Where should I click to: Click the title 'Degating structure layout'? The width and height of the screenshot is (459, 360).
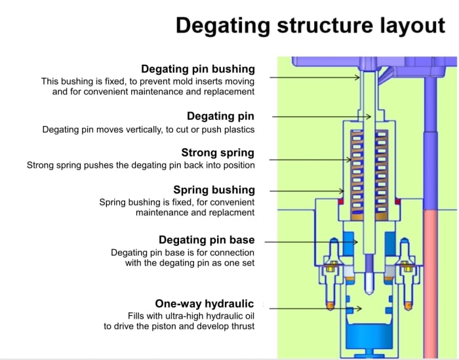point(310,26)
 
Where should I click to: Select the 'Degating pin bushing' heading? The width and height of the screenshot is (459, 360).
point(198,69)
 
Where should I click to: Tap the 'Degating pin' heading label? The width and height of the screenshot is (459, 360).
point(220,117)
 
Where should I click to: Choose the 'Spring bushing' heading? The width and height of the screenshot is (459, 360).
point(214,190)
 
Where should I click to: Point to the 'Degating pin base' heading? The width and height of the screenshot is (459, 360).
point(207,240)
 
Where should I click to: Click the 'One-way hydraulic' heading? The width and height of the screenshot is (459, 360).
point(205,304)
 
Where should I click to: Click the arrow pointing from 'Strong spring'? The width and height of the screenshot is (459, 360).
point(308,159)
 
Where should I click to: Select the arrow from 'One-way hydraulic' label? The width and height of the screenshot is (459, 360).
point(308,307)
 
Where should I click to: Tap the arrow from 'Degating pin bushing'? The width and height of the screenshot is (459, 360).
point(315,77)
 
